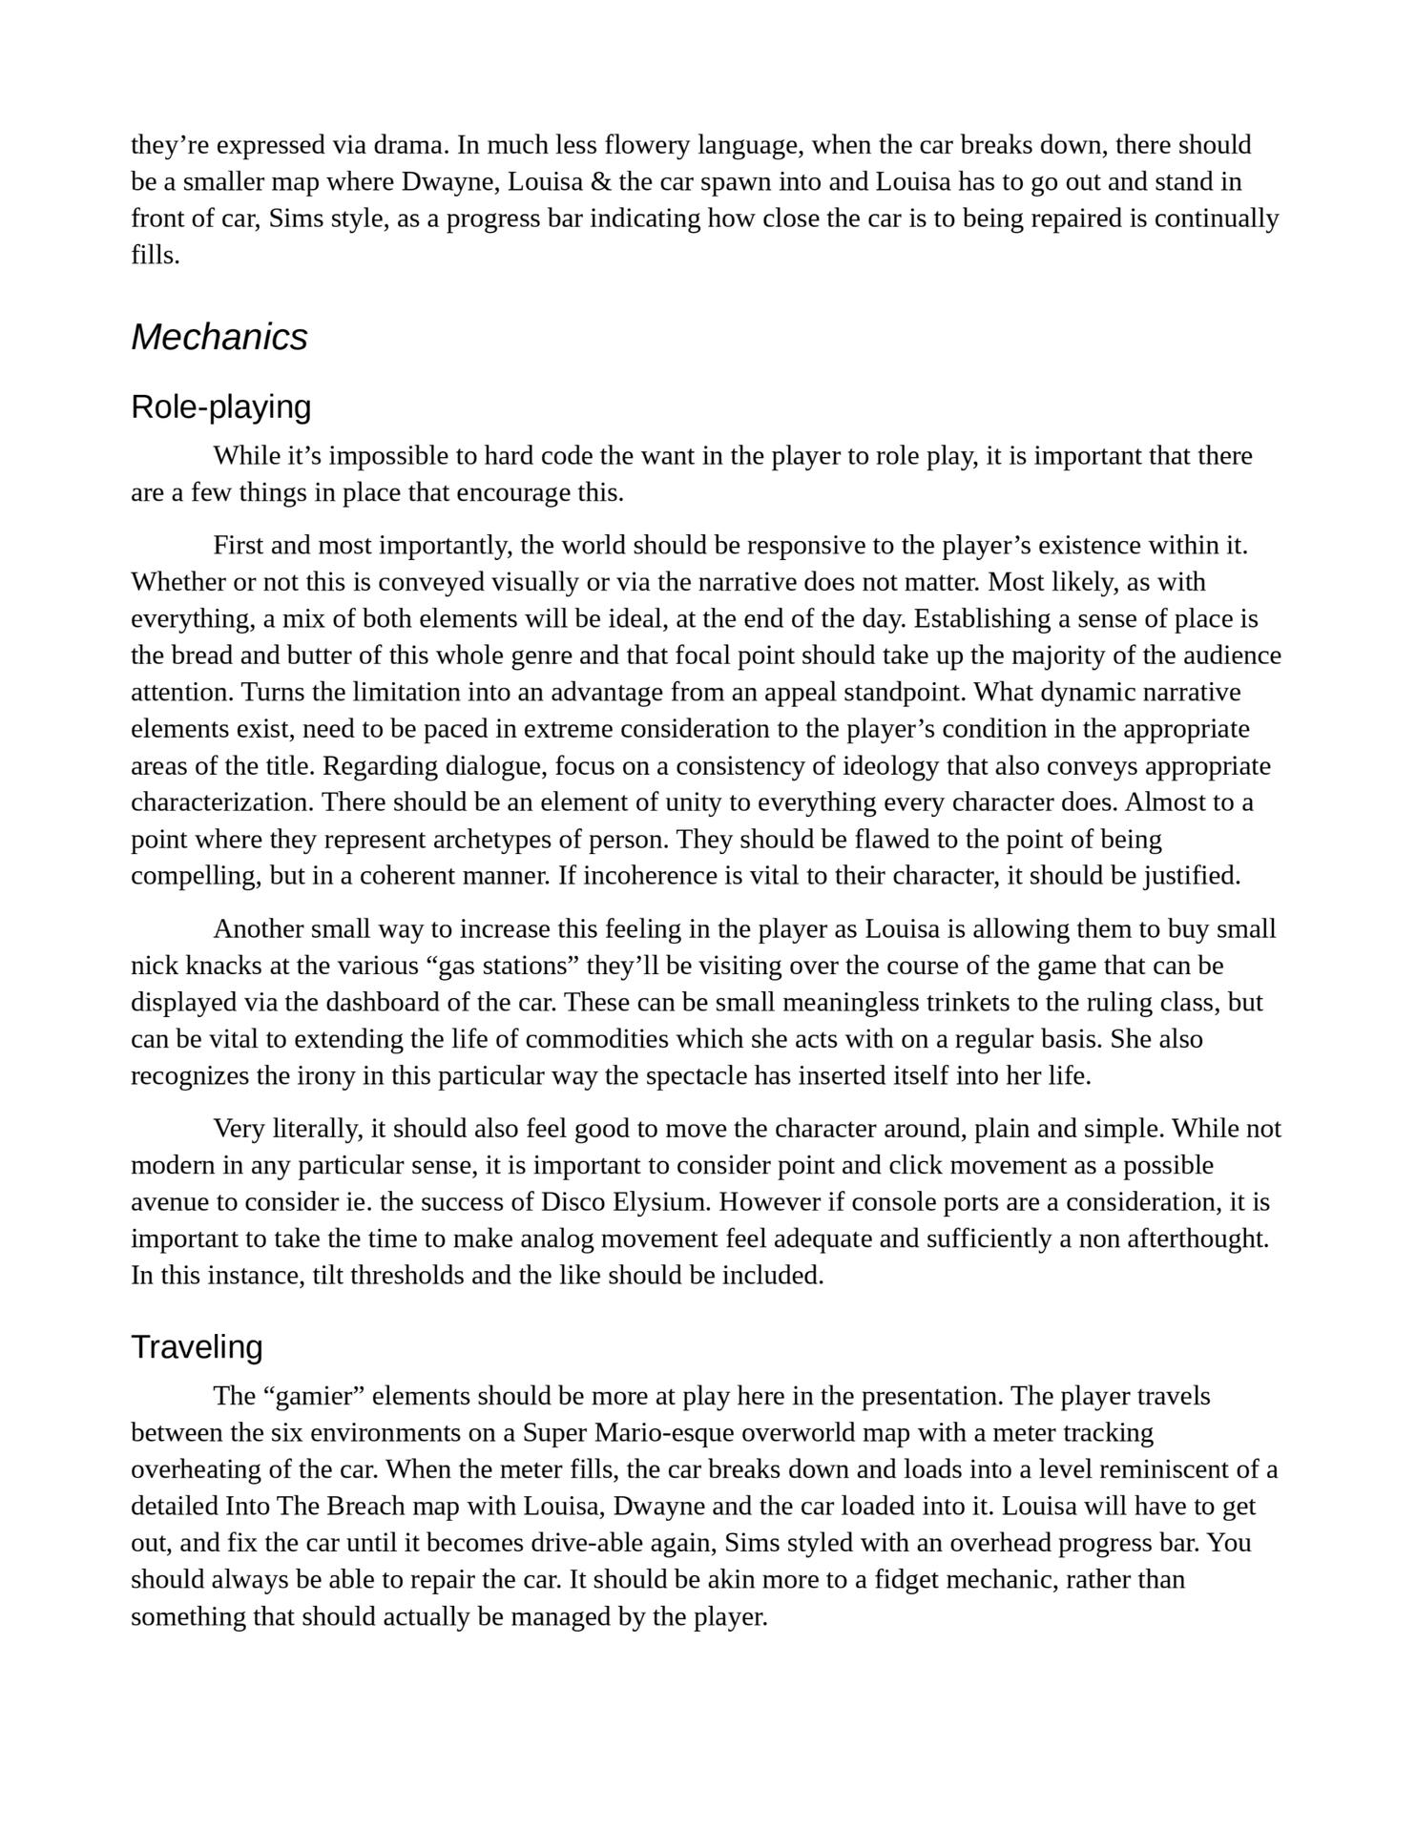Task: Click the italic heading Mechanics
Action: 219,337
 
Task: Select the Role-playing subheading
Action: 220,406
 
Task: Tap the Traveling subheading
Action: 197,1346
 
